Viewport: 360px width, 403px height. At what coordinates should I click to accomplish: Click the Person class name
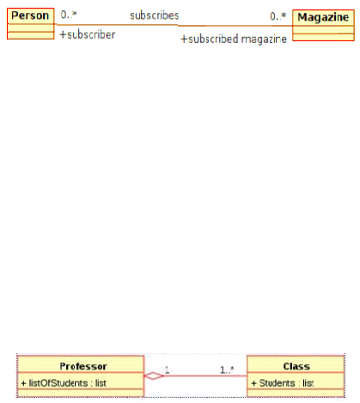tap(30, 15)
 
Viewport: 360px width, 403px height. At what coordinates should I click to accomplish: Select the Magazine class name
tap(323, 17)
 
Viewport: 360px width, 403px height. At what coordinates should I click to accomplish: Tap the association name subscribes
tap(155, 15)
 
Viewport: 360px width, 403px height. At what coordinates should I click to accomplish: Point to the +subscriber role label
tap(88, 34)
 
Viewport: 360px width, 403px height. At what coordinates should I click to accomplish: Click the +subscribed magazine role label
tap(234, 39)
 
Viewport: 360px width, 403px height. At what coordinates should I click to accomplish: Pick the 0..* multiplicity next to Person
tap(69, 15)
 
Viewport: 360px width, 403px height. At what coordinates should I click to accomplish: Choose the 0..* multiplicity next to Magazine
tap(278, 16)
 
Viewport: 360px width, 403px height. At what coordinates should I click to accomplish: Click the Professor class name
tap(83, 366)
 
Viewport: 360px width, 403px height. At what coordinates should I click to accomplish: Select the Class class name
tap(296, 366)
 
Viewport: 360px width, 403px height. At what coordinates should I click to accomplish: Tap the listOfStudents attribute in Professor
tap(64, 383)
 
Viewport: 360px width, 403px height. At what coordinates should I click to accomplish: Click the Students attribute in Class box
tap(282, 383)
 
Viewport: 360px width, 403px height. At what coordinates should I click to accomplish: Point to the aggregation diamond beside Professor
tap(154, 376)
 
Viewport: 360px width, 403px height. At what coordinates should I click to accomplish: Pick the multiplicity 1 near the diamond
tap(167, 369)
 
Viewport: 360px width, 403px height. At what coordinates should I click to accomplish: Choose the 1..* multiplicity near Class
tap(227, 369)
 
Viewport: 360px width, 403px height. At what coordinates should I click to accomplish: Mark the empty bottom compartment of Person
tap(31, 35)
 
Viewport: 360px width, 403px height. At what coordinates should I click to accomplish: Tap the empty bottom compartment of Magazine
tap(323, 37)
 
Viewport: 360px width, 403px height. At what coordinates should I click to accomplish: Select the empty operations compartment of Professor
tap(81, 393)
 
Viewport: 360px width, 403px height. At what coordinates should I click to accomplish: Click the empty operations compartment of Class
tap(296, 393)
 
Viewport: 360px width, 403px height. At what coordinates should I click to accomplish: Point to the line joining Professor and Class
tap(205, 376)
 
